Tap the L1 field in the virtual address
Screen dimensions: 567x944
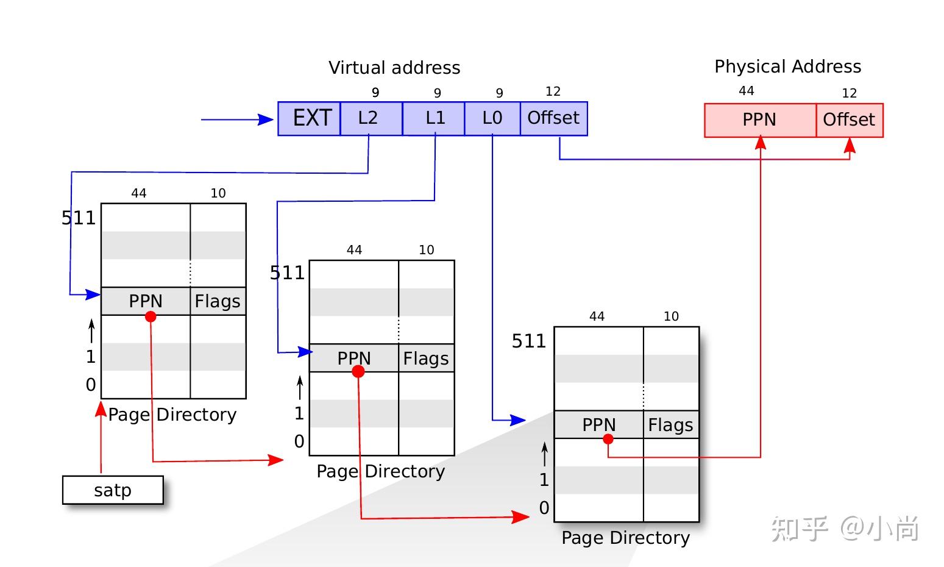tap(433, 118)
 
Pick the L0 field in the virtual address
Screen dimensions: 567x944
tap(492, 118)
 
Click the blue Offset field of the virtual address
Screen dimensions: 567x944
tap(553, 118)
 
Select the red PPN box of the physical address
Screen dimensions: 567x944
tap(759, 120)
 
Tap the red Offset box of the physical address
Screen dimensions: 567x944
tap(849, 120)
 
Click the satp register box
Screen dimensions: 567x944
tap(113, 490)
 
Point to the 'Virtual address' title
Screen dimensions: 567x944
tap(394, 68)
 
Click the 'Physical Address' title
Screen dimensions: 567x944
tap(787, 66)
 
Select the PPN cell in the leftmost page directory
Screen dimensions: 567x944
tap(146, 301)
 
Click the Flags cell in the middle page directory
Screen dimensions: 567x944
tap(426, 358)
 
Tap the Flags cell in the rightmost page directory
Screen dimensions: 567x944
tap(670, 425)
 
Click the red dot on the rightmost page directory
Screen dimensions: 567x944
tap(608, 439)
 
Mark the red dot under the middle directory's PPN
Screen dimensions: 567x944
tap(358, 371)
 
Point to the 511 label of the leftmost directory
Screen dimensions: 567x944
tap(79, 218)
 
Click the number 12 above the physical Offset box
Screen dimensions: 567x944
tap(849, 93)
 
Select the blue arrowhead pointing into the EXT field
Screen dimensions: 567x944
tap(266, 119)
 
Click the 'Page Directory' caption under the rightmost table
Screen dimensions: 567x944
tap(625, 538)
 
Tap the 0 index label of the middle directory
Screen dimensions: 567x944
tap(299, 441)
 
